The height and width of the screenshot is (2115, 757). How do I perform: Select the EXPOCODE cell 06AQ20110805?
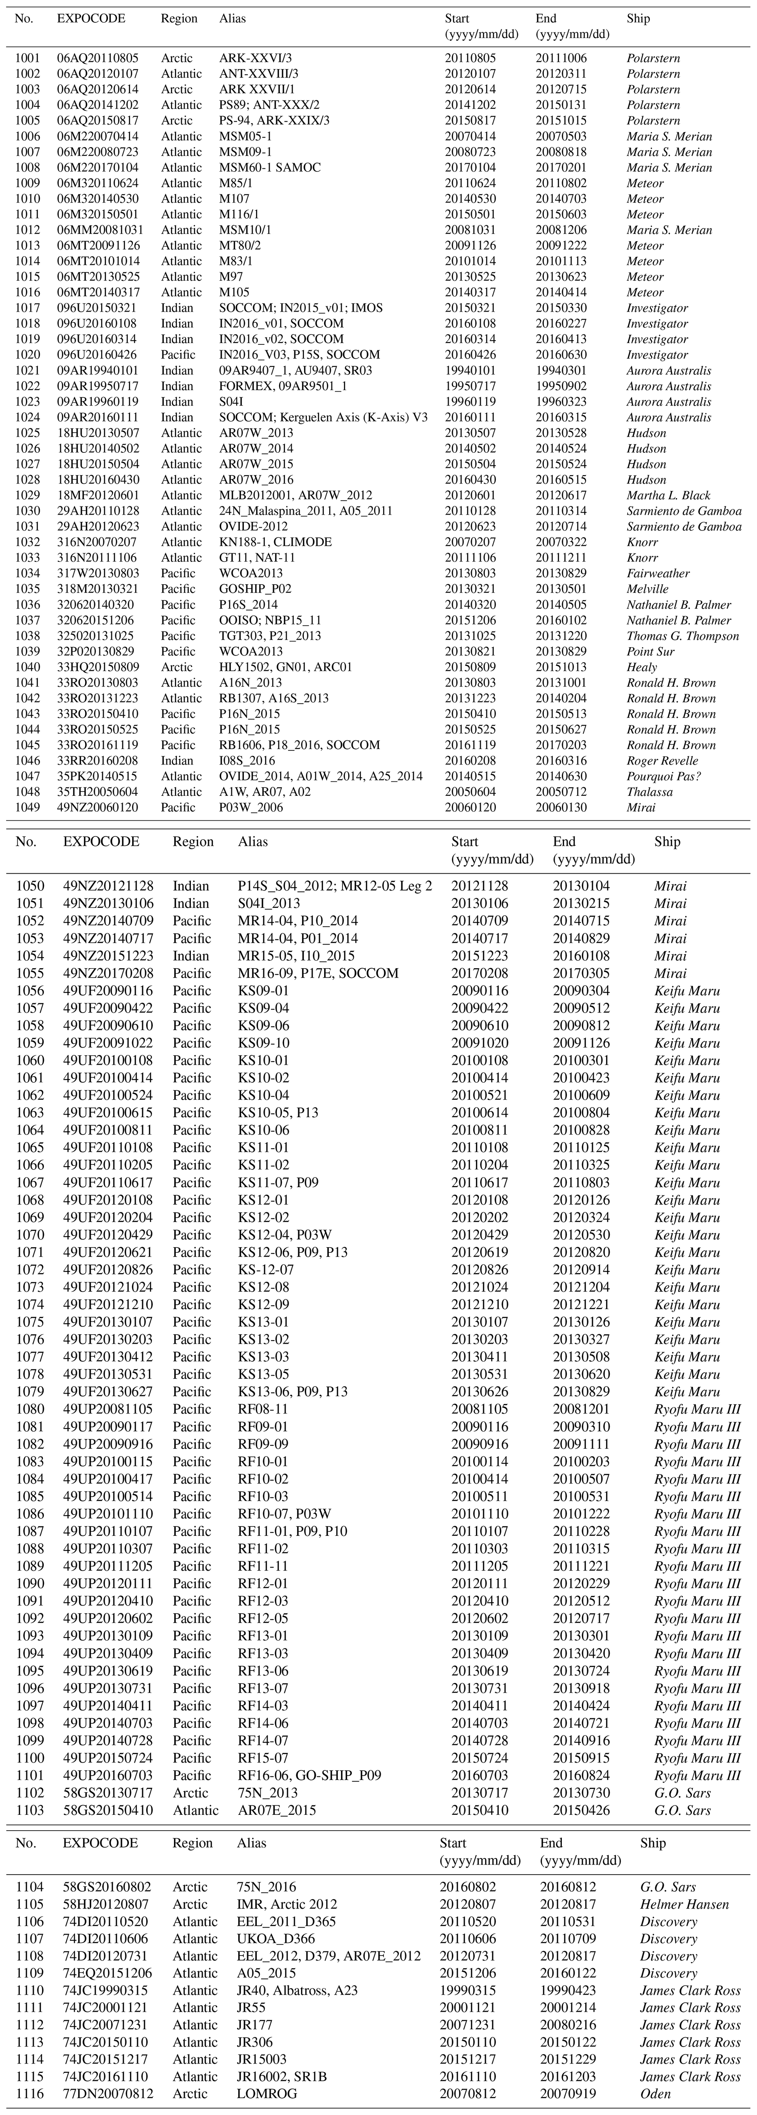click(x=98, y=58)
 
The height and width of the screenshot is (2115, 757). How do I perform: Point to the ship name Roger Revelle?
click(x=666, y=760)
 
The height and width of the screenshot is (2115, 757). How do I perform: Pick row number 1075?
click(x=30, y=1322)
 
